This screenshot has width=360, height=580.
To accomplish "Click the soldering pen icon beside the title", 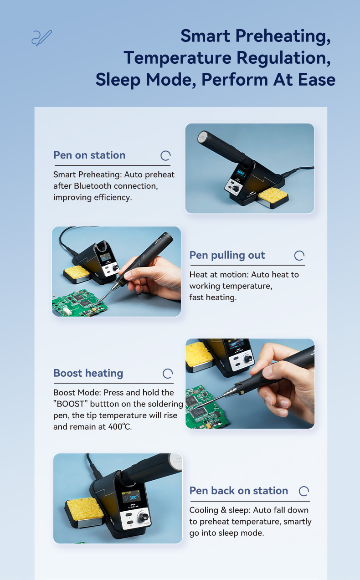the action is coord(42,38).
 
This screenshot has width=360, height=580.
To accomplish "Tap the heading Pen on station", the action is coord(89,155).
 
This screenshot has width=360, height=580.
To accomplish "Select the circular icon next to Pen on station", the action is coord(165,156).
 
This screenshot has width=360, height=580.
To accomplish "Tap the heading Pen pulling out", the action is coord(227,255).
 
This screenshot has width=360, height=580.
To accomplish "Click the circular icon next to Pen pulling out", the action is coord(299,256).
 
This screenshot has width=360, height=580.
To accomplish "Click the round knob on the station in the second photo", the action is coord(115,267).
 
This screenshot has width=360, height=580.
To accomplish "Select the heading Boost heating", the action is coord(88,373).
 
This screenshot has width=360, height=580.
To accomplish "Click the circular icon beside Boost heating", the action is coord(168,374).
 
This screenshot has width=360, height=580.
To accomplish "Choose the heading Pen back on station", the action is coord(239,491).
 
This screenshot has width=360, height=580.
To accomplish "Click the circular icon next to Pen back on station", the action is coord(304,491).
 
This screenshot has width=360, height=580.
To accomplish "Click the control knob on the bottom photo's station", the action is coord(143,518).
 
